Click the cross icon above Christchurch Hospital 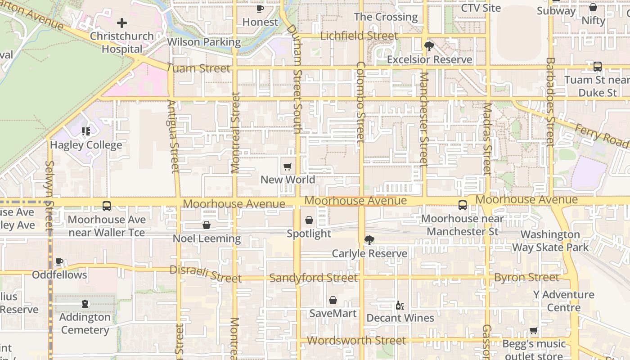121,23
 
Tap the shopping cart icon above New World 288,167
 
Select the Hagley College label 86,145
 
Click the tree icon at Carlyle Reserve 369,240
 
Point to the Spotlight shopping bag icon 309,220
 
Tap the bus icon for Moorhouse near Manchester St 463,205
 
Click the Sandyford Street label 314,278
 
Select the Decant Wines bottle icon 400,306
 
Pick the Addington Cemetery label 85,324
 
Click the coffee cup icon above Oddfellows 59,261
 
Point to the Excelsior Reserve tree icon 429,46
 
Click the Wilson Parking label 204,42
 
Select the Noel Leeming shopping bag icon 207,225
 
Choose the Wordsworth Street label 356,341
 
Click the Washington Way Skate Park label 550,241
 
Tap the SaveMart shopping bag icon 333,300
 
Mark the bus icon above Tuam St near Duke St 598,67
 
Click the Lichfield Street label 359,36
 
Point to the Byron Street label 526,277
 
